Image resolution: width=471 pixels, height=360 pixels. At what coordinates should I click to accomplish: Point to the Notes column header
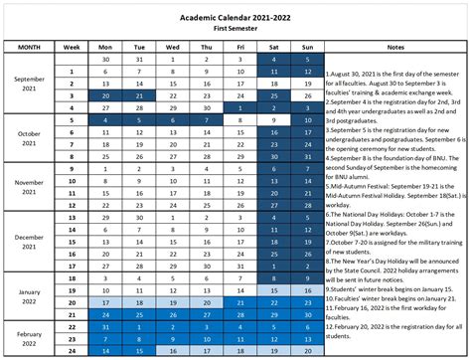pyautogui.click(x=396, y=46)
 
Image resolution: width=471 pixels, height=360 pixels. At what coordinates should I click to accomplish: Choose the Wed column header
pyautogui.click(x=172, y=46)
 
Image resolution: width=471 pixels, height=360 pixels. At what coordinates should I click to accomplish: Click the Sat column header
pyautogui.click(x=273, y=46)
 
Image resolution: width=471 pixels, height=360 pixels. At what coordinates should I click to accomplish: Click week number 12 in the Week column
pyautogui.click(x=72, y=204)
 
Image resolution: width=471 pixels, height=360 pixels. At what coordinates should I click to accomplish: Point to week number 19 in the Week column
pyautogui.click(x=72, y=288)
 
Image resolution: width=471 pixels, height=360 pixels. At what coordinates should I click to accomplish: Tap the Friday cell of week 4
pyautogui.click(x=239, y=107)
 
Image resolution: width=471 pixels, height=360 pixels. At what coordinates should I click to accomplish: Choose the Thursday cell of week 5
pyautogui.click(x=207, y=119)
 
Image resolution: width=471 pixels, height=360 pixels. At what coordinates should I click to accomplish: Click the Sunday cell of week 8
pyautogui.click(x=307, y=156)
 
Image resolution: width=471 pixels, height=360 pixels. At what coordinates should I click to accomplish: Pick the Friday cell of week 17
pyautogui.click(x=239, y=265)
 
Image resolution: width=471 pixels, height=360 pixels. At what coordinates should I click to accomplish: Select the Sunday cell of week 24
pyautogui.click(x=307, y=349)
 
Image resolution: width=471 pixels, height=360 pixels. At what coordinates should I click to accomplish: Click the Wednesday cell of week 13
pyautogui.click(x=172, y=216)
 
